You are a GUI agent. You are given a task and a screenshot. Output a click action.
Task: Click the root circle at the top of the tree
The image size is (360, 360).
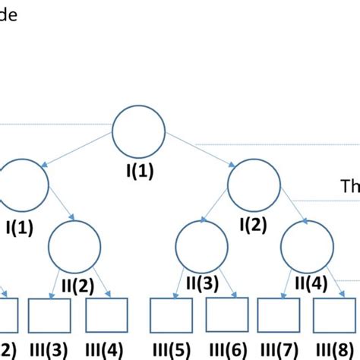click(x=139, y=131)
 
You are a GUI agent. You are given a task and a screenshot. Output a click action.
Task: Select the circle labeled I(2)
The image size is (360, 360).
click(x=254, y=185)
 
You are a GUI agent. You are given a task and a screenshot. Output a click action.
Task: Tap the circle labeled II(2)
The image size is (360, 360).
click(x=75, y=245)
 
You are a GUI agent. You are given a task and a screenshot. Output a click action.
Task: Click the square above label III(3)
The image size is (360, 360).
click(x=49, y=315)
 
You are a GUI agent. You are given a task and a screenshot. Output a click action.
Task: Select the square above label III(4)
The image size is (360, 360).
click(x=106, y=315)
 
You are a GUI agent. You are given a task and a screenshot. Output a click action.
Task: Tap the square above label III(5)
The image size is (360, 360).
click(x=171, y=315)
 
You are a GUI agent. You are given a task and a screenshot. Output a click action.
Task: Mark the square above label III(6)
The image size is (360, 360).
click(x=227, y=315)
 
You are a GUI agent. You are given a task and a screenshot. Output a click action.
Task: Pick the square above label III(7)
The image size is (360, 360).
click(x=279, y=315)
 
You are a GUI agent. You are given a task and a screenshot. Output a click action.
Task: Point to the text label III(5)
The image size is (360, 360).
click(x=171, y=350)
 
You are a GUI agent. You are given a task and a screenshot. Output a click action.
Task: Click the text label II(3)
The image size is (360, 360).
click(x=201, y=284)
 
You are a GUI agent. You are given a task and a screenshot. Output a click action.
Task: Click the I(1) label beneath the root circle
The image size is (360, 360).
click(x=139, y=172)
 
